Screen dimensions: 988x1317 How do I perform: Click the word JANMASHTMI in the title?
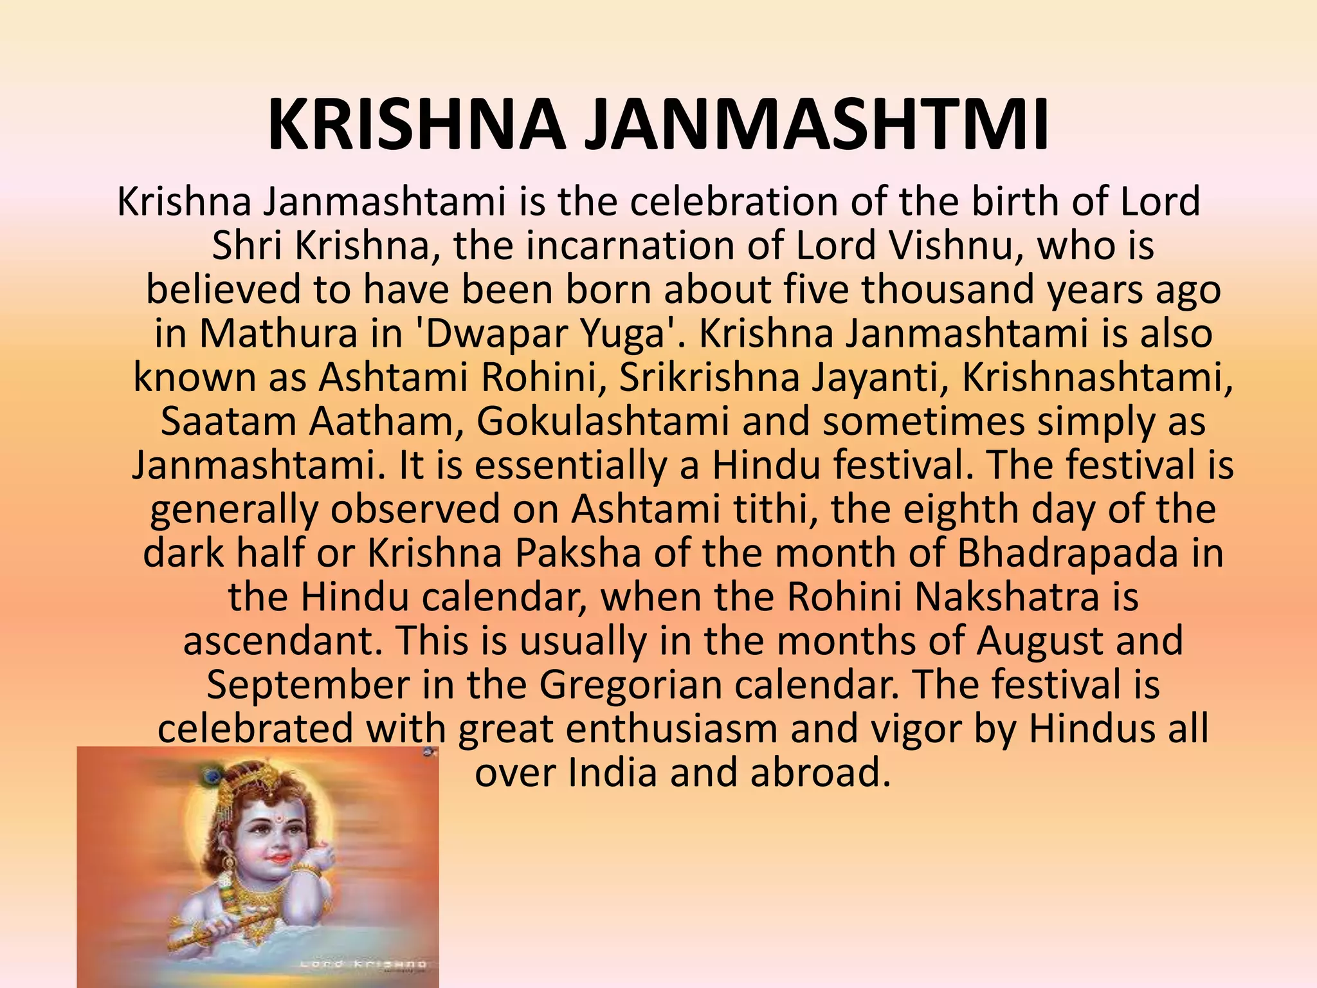click(x=817, y=125)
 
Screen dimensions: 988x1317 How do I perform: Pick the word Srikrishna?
click(x=709, y=378)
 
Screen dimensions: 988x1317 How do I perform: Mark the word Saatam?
click(x=228, y=422)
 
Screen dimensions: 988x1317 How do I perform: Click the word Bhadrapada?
click(x=1067, y=553)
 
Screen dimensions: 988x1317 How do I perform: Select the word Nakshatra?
click(x=1007, y=597)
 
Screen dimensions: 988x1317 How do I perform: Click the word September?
click(x=308, y=685)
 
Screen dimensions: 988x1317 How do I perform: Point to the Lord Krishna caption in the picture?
click(x=363, y=964)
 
